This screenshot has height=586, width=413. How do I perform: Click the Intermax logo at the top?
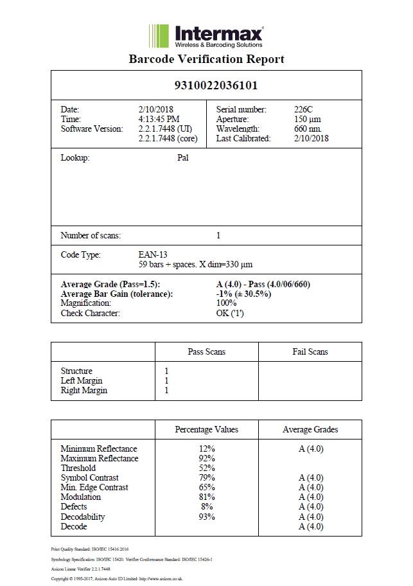click(x=206, y=36)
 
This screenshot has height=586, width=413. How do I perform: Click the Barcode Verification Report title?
click(x=206, y=59)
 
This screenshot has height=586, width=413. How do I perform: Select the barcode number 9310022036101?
click(x=206, y=85)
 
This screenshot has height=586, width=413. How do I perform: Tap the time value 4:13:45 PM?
click(x=159, y=120)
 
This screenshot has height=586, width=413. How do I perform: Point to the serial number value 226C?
click(x=304, y=110)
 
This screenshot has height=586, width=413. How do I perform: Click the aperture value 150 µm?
click(x=307, y=120)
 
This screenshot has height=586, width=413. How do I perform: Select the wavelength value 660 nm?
click(x=308, y=129)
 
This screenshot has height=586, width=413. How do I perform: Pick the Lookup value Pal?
click(x=182, y=158)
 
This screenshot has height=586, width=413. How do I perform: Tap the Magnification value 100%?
click(x=227, y=303)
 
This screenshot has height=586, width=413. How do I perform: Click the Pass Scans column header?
click(x=206, y=351)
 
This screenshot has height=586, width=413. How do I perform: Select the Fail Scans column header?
click(x=310, y=351)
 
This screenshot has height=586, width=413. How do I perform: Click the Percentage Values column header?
click(x=206, y=429)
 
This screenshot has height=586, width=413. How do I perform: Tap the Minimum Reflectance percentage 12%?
click(x=207, y=448)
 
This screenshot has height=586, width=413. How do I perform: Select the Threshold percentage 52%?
click(x=207, y=468)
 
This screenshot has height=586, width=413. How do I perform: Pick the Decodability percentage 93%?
click(x=207, y=517)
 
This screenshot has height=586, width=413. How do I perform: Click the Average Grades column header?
click(x=310, y=429)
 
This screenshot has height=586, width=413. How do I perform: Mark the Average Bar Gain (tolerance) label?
click(x=117, y=294)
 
